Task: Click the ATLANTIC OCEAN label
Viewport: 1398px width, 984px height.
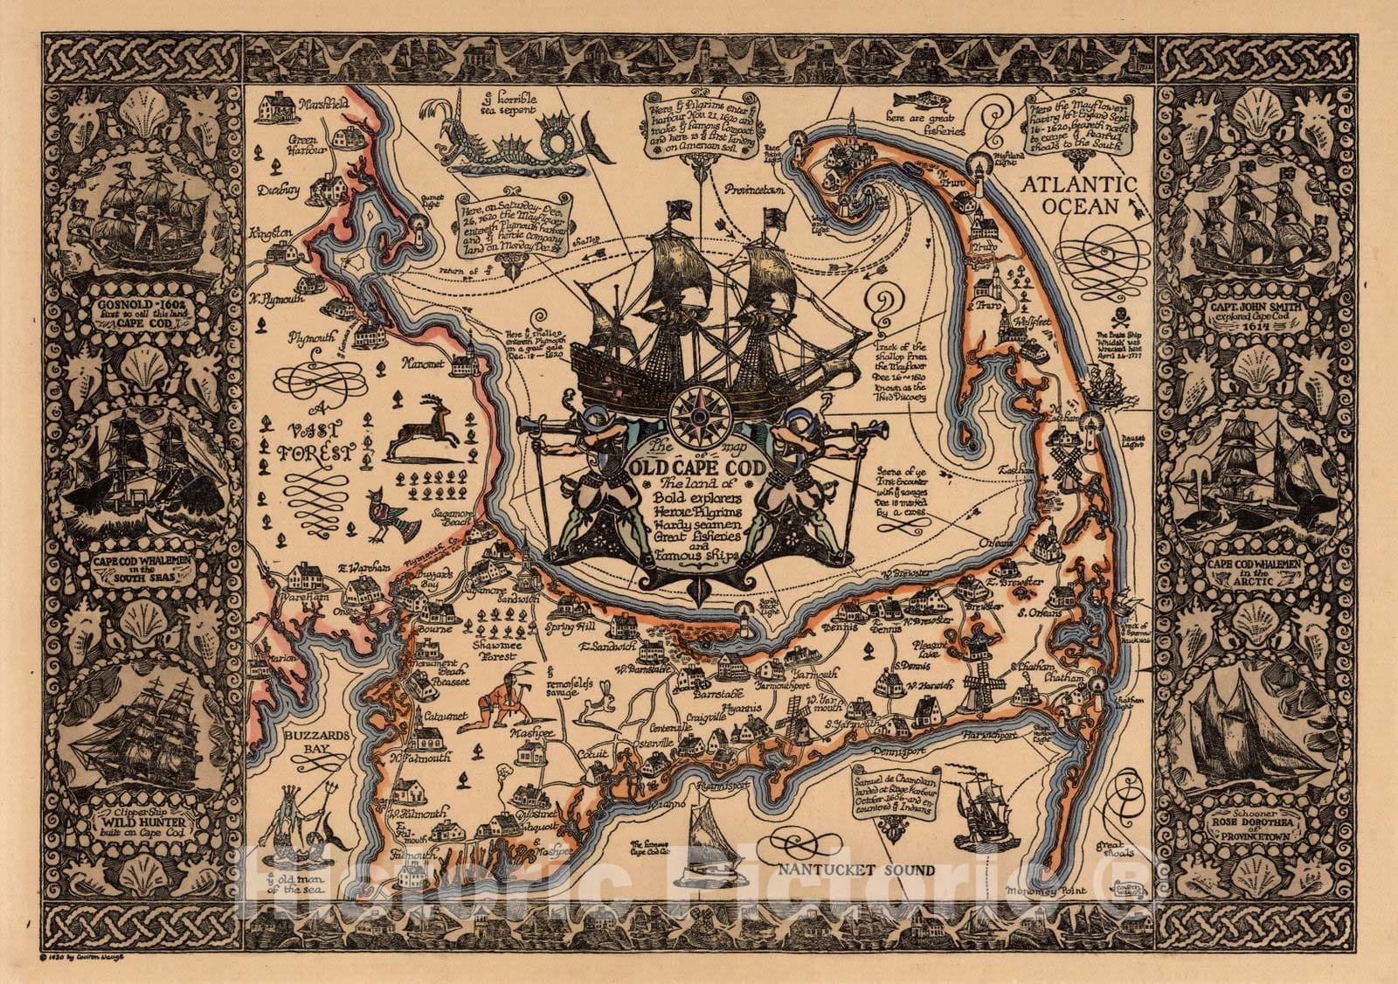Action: point(1086,194)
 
